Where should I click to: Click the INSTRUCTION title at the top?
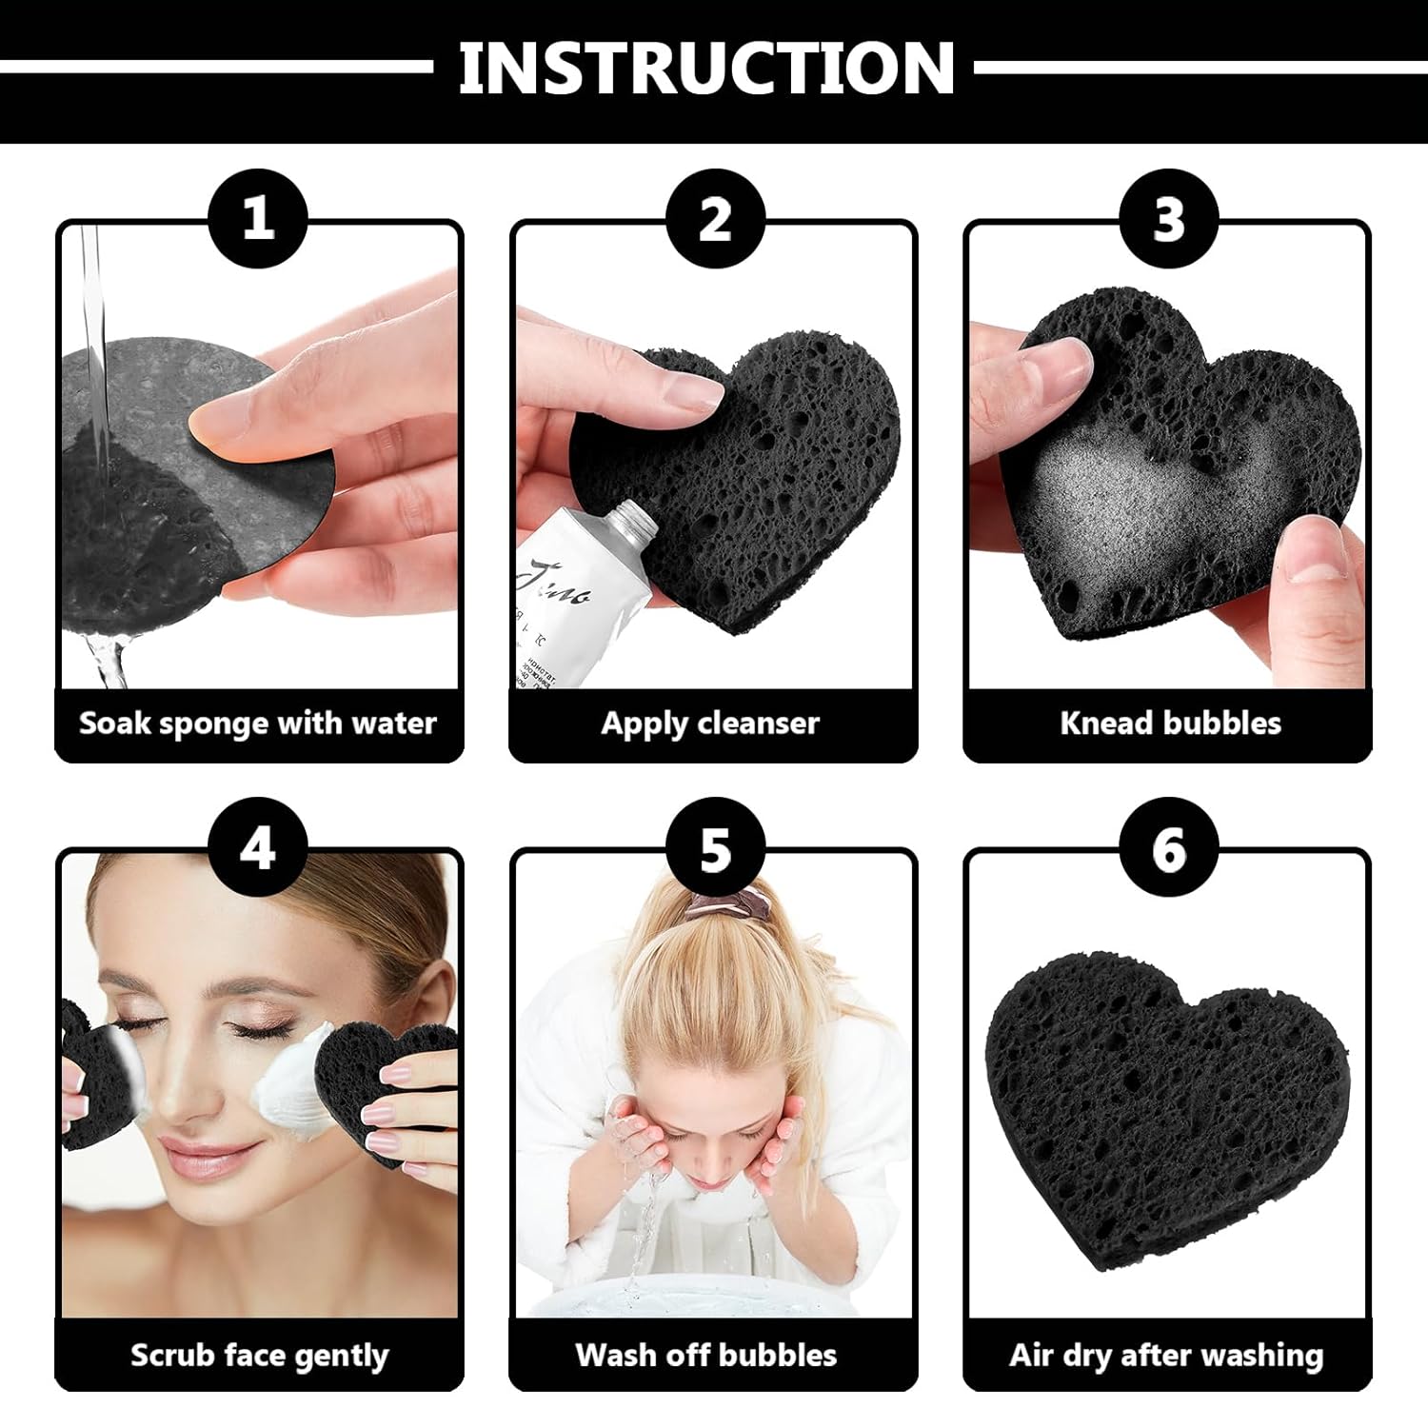pyautogui.click(x=706, y=69)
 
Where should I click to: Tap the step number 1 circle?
pyautogui.click(x=258, y=218)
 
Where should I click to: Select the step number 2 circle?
pyautogui.click(x=715, y=218)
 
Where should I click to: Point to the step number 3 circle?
pyautogui.click(x=1169, y=218)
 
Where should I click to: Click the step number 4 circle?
pyautogui.click(x=258, y=846)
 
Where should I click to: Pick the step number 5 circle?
pyautogui.click(x=715, y=846)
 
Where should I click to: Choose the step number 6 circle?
pyautogui.click(x=1169, y=846)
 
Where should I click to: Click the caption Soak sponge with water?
pyautogui.click(x=258, y=723)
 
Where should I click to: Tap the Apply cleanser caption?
pyautogui.click(x=710, y=723)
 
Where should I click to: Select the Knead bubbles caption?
pyautogui.click(x=1170, y=723)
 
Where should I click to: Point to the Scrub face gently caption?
pyautogui.click(x=259, y=1355)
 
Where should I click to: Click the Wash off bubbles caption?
pyautogui.click(x=706, y=1355)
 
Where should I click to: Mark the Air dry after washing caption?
pyautogui.click(x=1166, y=1355)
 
